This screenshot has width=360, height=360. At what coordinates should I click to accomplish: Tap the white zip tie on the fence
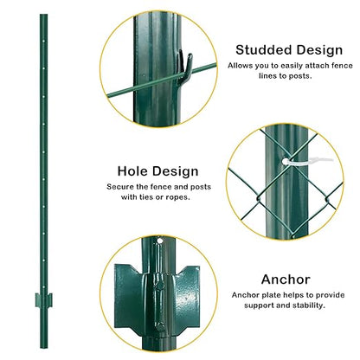(294, 161)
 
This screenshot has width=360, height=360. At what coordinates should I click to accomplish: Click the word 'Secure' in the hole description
(121, 186)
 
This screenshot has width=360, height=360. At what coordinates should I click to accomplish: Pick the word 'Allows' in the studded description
(242, 66)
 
